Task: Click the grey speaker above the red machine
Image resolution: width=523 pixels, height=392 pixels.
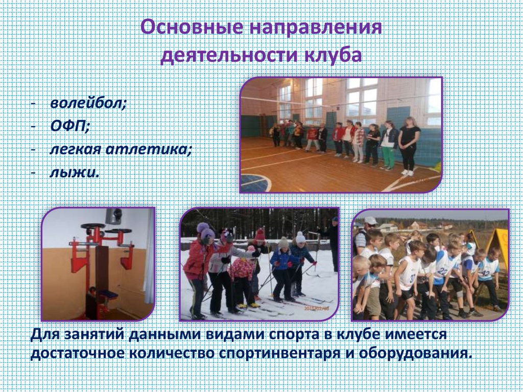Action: (x=113, y=216)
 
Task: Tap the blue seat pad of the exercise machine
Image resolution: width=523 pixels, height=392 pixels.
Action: (x=108, y=294)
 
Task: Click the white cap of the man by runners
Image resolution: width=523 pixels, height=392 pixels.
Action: (x=370, y=221)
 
